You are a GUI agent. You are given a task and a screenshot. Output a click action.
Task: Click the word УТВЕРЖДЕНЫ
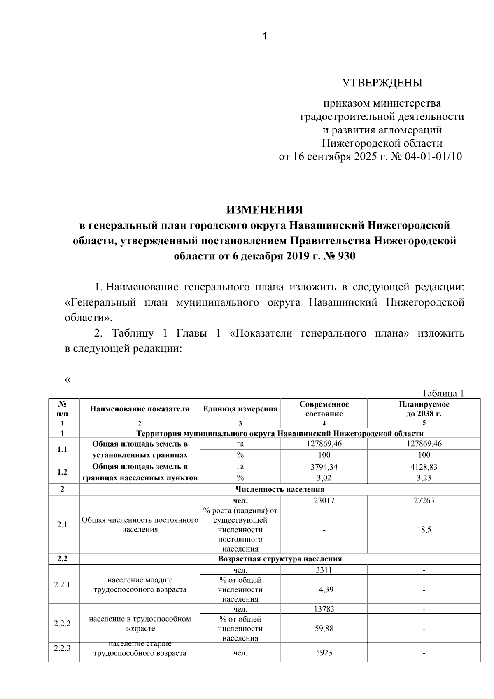382,83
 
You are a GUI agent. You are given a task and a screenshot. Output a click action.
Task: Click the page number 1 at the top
265,36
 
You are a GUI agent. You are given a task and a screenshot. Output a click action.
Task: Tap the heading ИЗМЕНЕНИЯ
265,210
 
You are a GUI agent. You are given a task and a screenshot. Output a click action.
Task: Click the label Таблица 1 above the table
443,393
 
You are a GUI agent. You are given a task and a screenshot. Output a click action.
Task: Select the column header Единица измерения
240,409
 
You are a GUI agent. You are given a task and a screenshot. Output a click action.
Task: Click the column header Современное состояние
324,409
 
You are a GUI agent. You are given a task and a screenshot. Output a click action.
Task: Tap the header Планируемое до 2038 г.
424,409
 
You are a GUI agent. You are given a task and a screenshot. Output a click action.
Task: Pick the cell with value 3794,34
324,467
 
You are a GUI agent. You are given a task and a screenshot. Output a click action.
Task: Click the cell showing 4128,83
424,467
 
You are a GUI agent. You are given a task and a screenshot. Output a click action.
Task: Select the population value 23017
324,500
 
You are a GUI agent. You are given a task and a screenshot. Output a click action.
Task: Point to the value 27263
424,500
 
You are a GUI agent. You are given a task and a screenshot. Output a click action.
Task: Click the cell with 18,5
424,530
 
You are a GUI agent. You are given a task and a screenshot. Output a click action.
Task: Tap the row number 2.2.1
62,584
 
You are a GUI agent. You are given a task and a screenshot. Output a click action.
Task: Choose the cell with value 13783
324,609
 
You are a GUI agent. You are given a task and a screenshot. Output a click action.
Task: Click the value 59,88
324,629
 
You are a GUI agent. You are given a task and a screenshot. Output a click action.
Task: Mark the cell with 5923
324,653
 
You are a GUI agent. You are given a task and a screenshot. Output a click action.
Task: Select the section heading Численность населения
280,489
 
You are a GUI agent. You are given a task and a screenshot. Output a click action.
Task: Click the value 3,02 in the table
324,478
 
